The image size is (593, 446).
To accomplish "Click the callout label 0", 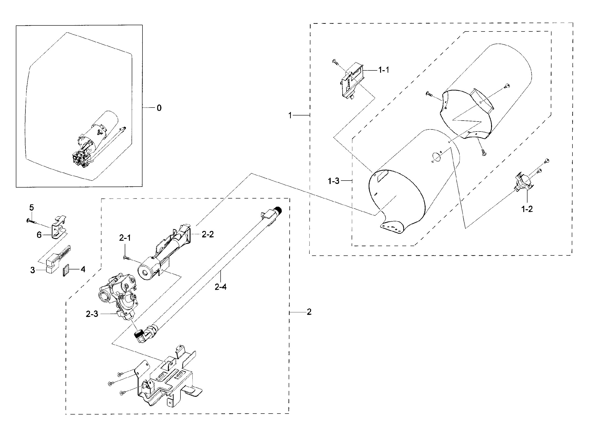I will point(159,108).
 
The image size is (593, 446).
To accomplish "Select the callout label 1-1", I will point(383,70).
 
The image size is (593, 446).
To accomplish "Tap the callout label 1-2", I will point(527,209).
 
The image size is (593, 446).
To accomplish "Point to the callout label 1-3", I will point(333,181).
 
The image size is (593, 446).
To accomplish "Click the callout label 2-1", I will point(125,238).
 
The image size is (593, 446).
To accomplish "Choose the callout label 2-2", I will point(208,235).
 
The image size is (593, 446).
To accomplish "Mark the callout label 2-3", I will point(92,314).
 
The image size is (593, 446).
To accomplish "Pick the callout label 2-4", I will point(220,287).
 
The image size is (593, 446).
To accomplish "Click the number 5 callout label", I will point(31,208).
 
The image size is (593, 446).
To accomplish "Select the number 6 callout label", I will point(39,235).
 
